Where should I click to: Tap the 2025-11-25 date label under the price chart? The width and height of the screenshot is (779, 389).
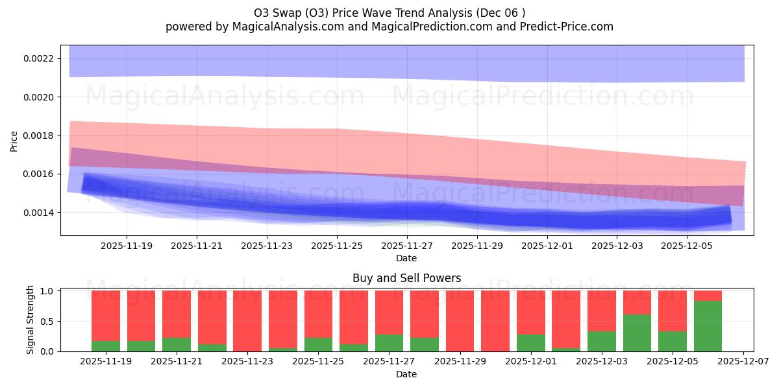pyautogui.click(x=337, y=246)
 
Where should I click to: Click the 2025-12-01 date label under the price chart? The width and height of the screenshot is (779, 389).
pyautogui.click(x=547, y=246)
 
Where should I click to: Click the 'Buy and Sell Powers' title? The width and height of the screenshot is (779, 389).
pyautogui.click(x=406, y=278)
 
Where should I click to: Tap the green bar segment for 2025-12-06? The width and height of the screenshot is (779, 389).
pyautogui.click(x=708, y=326)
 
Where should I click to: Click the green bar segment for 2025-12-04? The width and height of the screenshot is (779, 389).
pyautogui.click(x=637, y=333)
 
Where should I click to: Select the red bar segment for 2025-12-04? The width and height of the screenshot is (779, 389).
pyautogui.click(x=637, y=302)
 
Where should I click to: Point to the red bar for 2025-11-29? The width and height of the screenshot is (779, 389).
pyautogui.click(x=460, y=321)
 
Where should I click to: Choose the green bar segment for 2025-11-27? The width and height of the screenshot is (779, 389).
pyautogui.click(x=389, y=343)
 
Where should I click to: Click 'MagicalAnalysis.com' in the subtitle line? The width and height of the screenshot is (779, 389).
pyautogui.click(x=277, y=27)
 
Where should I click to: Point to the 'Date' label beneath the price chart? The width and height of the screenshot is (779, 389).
pyautogui.click(x=406, y=258)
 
